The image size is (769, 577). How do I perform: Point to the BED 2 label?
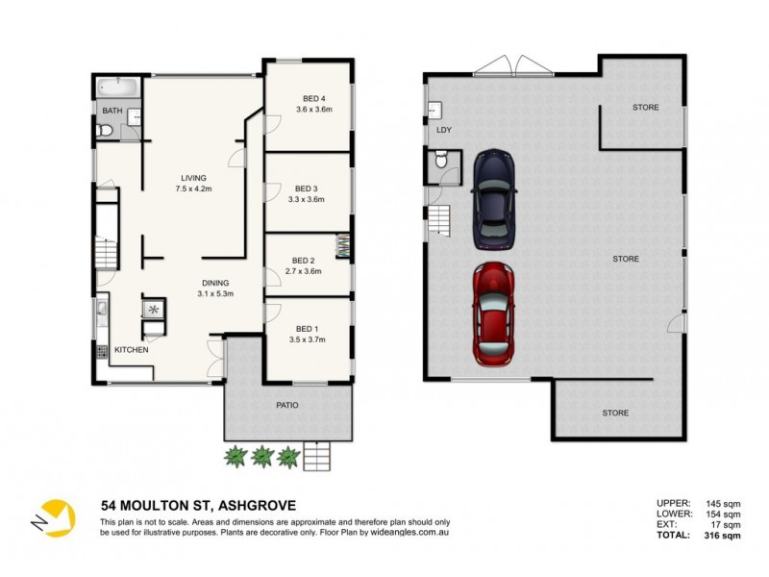[x=303, y=260]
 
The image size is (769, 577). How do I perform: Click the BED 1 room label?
[x=307, y=328]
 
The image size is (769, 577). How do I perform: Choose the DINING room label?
[x=216, y=282]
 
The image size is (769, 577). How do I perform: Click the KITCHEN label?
[x=132, y=350]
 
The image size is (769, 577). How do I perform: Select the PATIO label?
[x=287, y=405]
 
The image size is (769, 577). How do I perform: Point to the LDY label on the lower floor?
[x=443, y=129]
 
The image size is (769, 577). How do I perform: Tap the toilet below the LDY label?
[x=441, y=167]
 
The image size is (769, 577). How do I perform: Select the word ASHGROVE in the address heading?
[x=257, y=506]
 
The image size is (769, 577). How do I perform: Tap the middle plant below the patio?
[x=262, y=457]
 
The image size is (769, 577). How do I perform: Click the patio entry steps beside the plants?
[x=317, y=455]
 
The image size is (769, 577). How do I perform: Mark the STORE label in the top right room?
[x=645, y=107]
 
